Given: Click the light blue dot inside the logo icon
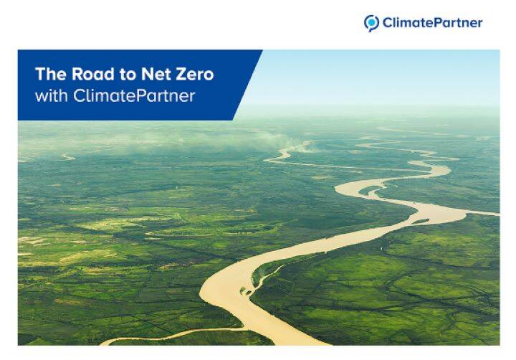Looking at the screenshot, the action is click(372, 22).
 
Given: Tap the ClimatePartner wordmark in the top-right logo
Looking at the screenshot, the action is click(432, 23).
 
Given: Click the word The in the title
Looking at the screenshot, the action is click(51, 74).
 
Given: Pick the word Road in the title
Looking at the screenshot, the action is click(93, 74).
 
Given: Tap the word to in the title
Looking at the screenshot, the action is click(128, 75).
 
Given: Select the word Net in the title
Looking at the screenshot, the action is click(156, 74).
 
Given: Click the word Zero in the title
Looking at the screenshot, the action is click(194, 74).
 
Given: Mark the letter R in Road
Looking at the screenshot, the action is click(77, 74).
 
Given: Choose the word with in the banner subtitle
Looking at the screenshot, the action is click(51, 95).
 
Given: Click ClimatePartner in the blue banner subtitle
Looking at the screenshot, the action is click(134, 95).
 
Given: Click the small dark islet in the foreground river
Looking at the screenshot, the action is click(245, 290).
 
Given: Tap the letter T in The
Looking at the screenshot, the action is click(40, 74).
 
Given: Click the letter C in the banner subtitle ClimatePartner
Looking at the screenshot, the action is click(79, 95).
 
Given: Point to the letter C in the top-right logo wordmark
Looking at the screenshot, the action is click(387, 23).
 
